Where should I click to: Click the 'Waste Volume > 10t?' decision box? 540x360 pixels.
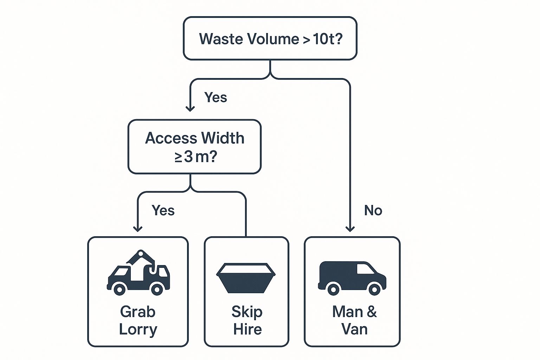pyautogui.click(x=270, y=38)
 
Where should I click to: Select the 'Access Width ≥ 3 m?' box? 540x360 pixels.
pyautogui.click(x=194, y=147)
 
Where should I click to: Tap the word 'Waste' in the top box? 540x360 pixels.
pyautogui.click(x=221, y=39)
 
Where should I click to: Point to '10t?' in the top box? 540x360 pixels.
pyautogui.click(x=327, y=39)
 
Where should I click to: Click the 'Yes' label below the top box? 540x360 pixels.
pyautogui.click(x=216, y=97)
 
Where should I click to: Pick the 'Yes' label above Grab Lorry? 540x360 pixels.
pyautogui.click(x=163, y=210)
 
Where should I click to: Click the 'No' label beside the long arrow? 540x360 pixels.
pyautogui.click(x=373, y=210)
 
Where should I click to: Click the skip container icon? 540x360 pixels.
pyautogui.click(x=246, y=278)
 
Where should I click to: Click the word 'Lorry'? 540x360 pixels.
pyautogui.click(x=138, y=329)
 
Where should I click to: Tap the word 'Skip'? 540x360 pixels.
pyautogui.click(x=247, y=312)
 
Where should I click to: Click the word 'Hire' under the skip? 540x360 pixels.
pyautogui.click(x=247, y=329)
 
